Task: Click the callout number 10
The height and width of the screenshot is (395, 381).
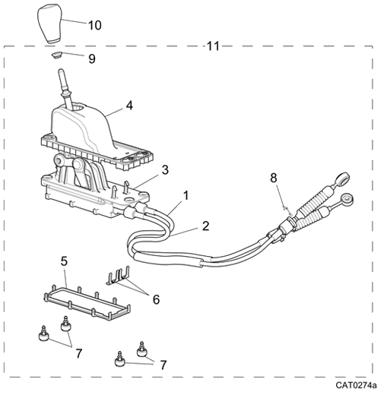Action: (x=94, y=25)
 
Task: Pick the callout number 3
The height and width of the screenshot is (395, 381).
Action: (x=164, y=169)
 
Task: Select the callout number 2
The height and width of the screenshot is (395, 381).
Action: (x=205, y=226)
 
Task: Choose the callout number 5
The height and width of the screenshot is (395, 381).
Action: (x=65, y=261)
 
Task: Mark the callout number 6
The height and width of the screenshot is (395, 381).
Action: (x=156, y=299)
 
